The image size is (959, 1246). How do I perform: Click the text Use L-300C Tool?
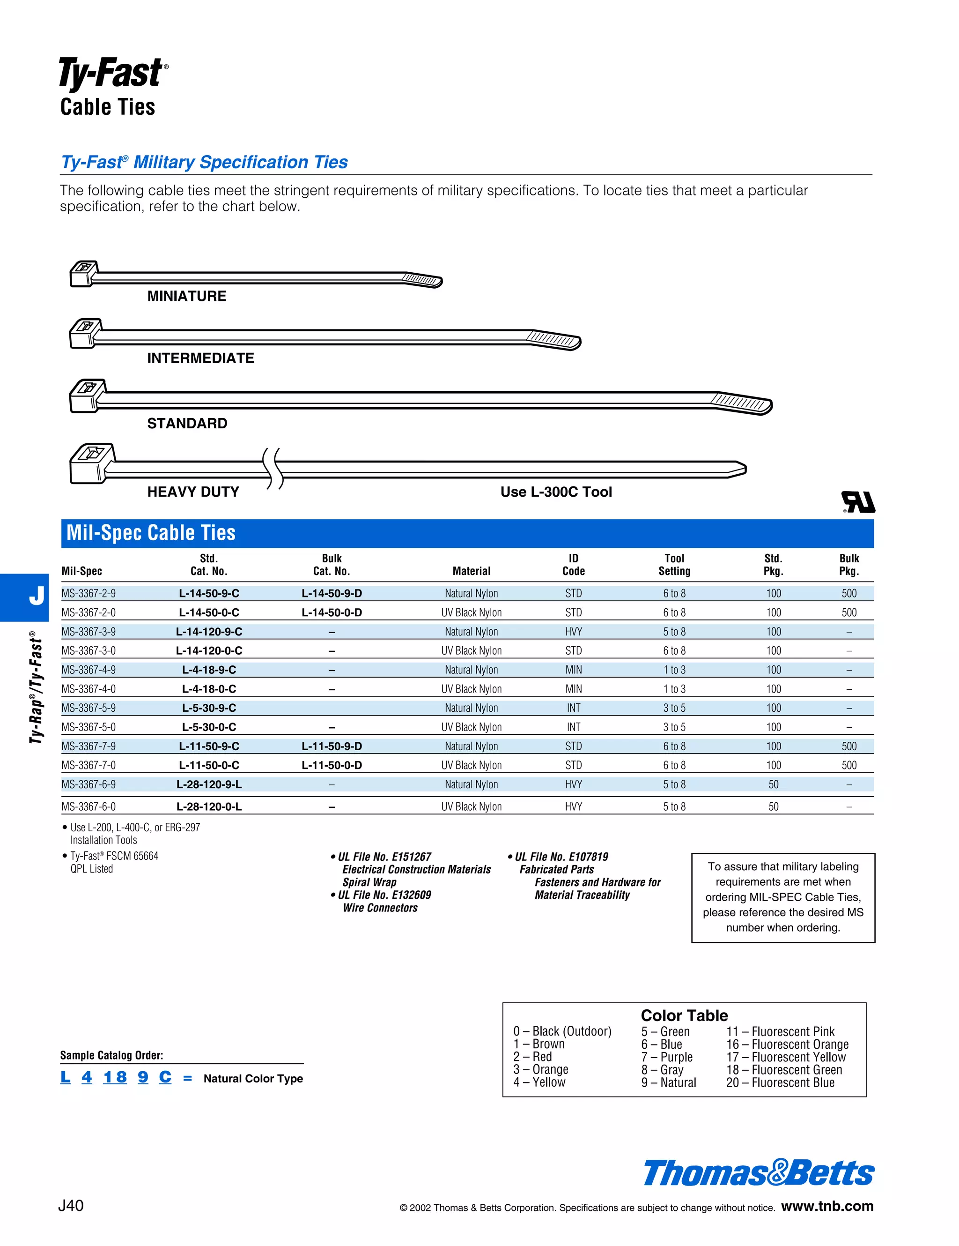pyautogui.click(x=556, y=492)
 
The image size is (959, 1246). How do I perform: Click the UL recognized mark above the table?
pyautogui.click(x=858, y=502)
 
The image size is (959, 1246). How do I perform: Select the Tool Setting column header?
pyautogui.click(x=674, y=565)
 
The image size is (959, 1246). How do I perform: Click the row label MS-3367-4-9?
pyautogui.click(x=89, y=670)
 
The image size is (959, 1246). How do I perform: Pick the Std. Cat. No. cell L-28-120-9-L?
pyautogui.click(x=209, y=784)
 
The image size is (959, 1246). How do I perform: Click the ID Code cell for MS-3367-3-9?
pyautogui.click(x=573, y=632)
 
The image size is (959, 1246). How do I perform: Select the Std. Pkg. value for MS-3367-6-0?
pyautogui.click(x=773, y=807)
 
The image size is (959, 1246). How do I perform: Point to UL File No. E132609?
pyautogui.click(x=384, y=895)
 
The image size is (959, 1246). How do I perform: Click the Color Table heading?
pyautogui.click(x=684, y=1015)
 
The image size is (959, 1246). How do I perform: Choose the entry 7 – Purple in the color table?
pyautogui.click(x=666, y=1057)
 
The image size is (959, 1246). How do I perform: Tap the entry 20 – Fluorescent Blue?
pyautogui.click(x=780, y=1083)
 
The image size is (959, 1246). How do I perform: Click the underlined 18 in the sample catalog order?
pyautogui.click(x=115, y=1077)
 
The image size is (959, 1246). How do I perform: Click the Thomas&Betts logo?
pyautogui.click(x=758, y=1173)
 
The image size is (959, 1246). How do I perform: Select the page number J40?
pyautogui.click(x=71, y=1206)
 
